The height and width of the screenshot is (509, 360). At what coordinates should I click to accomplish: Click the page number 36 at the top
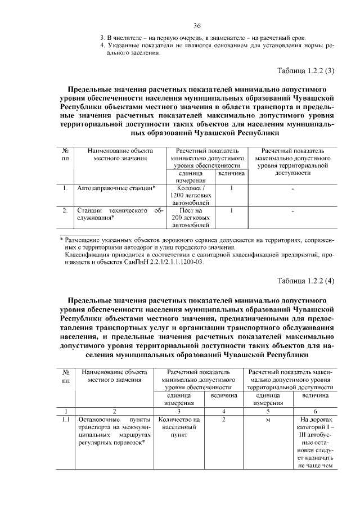[x=197, y=26]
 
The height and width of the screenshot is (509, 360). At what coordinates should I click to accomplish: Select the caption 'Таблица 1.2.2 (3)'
[x=306, y=70]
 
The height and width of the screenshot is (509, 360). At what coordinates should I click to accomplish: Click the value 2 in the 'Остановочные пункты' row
[x=223, y=420]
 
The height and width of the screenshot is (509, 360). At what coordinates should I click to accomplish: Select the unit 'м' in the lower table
[x=268, y=420]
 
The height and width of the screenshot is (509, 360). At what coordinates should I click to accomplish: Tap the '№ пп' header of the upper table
[x=66, y=155]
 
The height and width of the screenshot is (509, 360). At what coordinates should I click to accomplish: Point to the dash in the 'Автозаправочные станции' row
[x=293, y=188]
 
